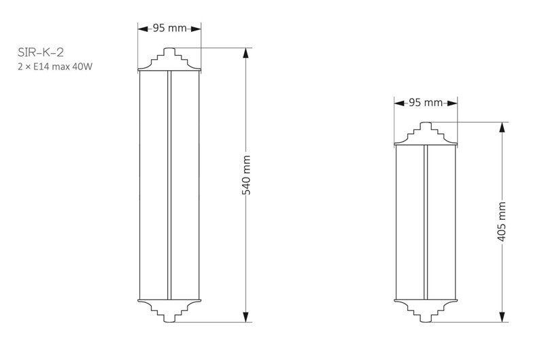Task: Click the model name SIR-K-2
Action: (41, 52)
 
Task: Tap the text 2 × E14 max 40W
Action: (55, 66)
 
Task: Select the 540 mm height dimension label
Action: (246, 175)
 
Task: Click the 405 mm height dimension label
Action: (502, 221)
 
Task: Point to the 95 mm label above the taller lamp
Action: (169, 28)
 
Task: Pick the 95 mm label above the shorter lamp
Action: (426, 102)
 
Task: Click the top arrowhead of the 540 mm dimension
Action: (246, 53)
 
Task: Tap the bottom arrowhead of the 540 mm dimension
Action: (246, 316)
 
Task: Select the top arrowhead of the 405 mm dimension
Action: (502, 127)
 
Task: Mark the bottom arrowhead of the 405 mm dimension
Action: (502, 316)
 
